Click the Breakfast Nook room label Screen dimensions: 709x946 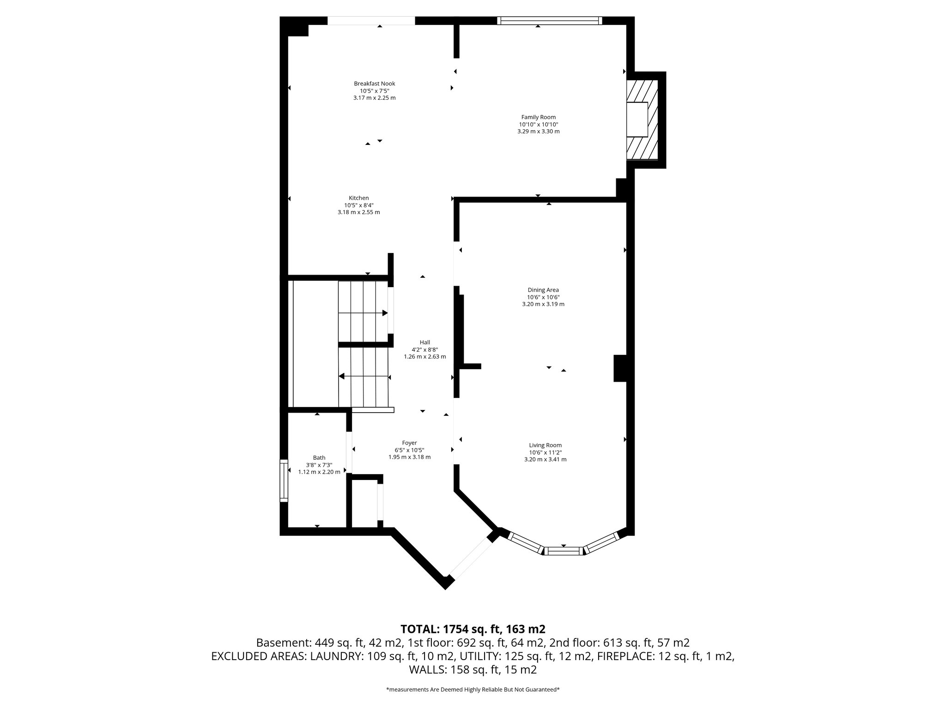[374, 84]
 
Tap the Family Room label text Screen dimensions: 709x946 [538, 117]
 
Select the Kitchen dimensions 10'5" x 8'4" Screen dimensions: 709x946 [358, 205]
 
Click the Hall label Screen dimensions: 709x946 [424, 342]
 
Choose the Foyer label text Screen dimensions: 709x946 [409, 443]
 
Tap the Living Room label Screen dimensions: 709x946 [545, 445]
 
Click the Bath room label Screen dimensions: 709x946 [319, 457]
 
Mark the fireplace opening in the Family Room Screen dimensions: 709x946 [637, 120]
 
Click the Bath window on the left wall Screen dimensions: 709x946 [284, 481]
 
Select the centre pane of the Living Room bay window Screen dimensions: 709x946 [563, 550]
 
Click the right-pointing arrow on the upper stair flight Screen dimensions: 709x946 [384, 313]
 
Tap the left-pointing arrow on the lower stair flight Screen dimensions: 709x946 [342, 376]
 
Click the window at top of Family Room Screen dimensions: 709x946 [550, 20]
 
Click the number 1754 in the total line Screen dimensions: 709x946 [457, 629]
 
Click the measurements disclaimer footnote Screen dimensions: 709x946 [473, 690]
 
